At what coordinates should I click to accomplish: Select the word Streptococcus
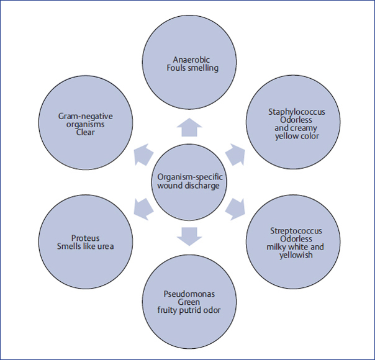(x=296, y=231)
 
